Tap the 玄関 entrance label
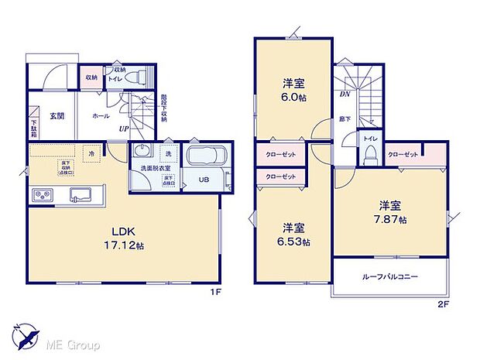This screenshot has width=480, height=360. point(57,116)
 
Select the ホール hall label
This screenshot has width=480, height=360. point(101,115)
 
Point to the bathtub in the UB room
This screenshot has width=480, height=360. point(205,156)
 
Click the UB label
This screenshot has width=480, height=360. point(204,180)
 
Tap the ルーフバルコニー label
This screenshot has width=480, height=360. point(389,276)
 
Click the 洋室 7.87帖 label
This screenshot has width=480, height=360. point(389,212)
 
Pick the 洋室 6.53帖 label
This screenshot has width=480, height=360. point(295,235)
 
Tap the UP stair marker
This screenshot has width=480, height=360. point(123,129)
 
